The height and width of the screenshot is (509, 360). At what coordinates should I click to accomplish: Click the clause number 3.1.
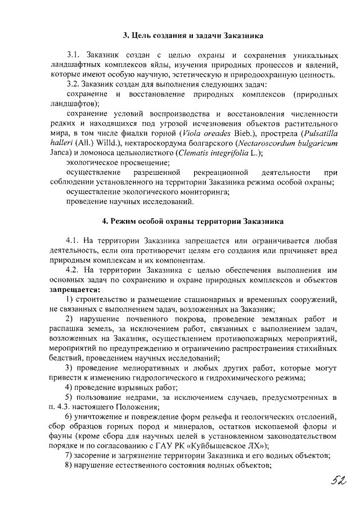(74, 56)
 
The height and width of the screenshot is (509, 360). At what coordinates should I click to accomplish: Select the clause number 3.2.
(74, 84)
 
